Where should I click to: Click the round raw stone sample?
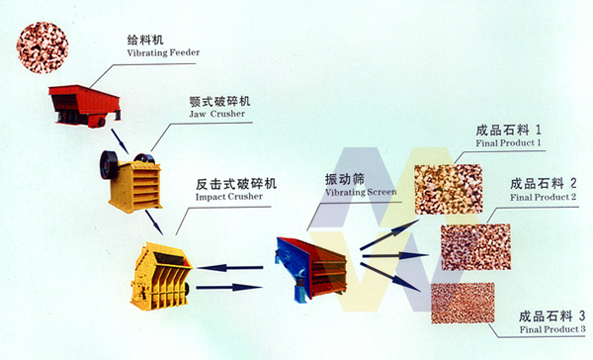tap(42, 47)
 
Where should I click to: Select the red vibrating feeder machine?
tap(85, 106)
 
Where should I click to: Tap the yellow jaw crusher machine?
tap(130, 182)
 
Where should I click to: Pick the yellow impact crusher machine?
tap(161, 276)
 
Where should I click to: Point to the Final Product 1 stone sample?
tap(448, 189)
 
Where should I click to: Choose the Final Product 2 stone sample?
tap(475, 247)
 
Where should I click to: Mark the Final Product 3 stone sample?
tap(463, 304)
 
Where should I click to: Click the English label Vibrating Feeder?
tap(163, 52)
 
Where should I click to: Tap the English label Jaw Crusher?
tap(217, 114)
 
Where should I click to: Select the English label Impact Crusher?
tap(229, 197)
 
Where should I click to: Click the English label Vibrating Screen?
tap(361, 192)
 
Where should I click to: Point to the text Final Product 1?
tap(508, 143)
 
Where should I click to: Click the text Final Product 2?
tap(543, 197)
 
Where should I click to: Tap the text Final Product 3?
tap(552, 329)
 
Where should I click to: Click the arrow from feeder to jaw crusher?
tap(120, 141)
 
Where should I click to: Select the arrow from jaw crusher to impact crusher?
tap(154, 223)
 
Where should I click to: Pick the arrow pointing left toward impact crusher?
tap(230, 268)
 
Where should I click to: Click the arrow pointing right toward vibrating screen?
tap(229, 288)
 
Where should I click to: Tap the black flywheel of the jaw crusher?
tap(109, 165)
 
